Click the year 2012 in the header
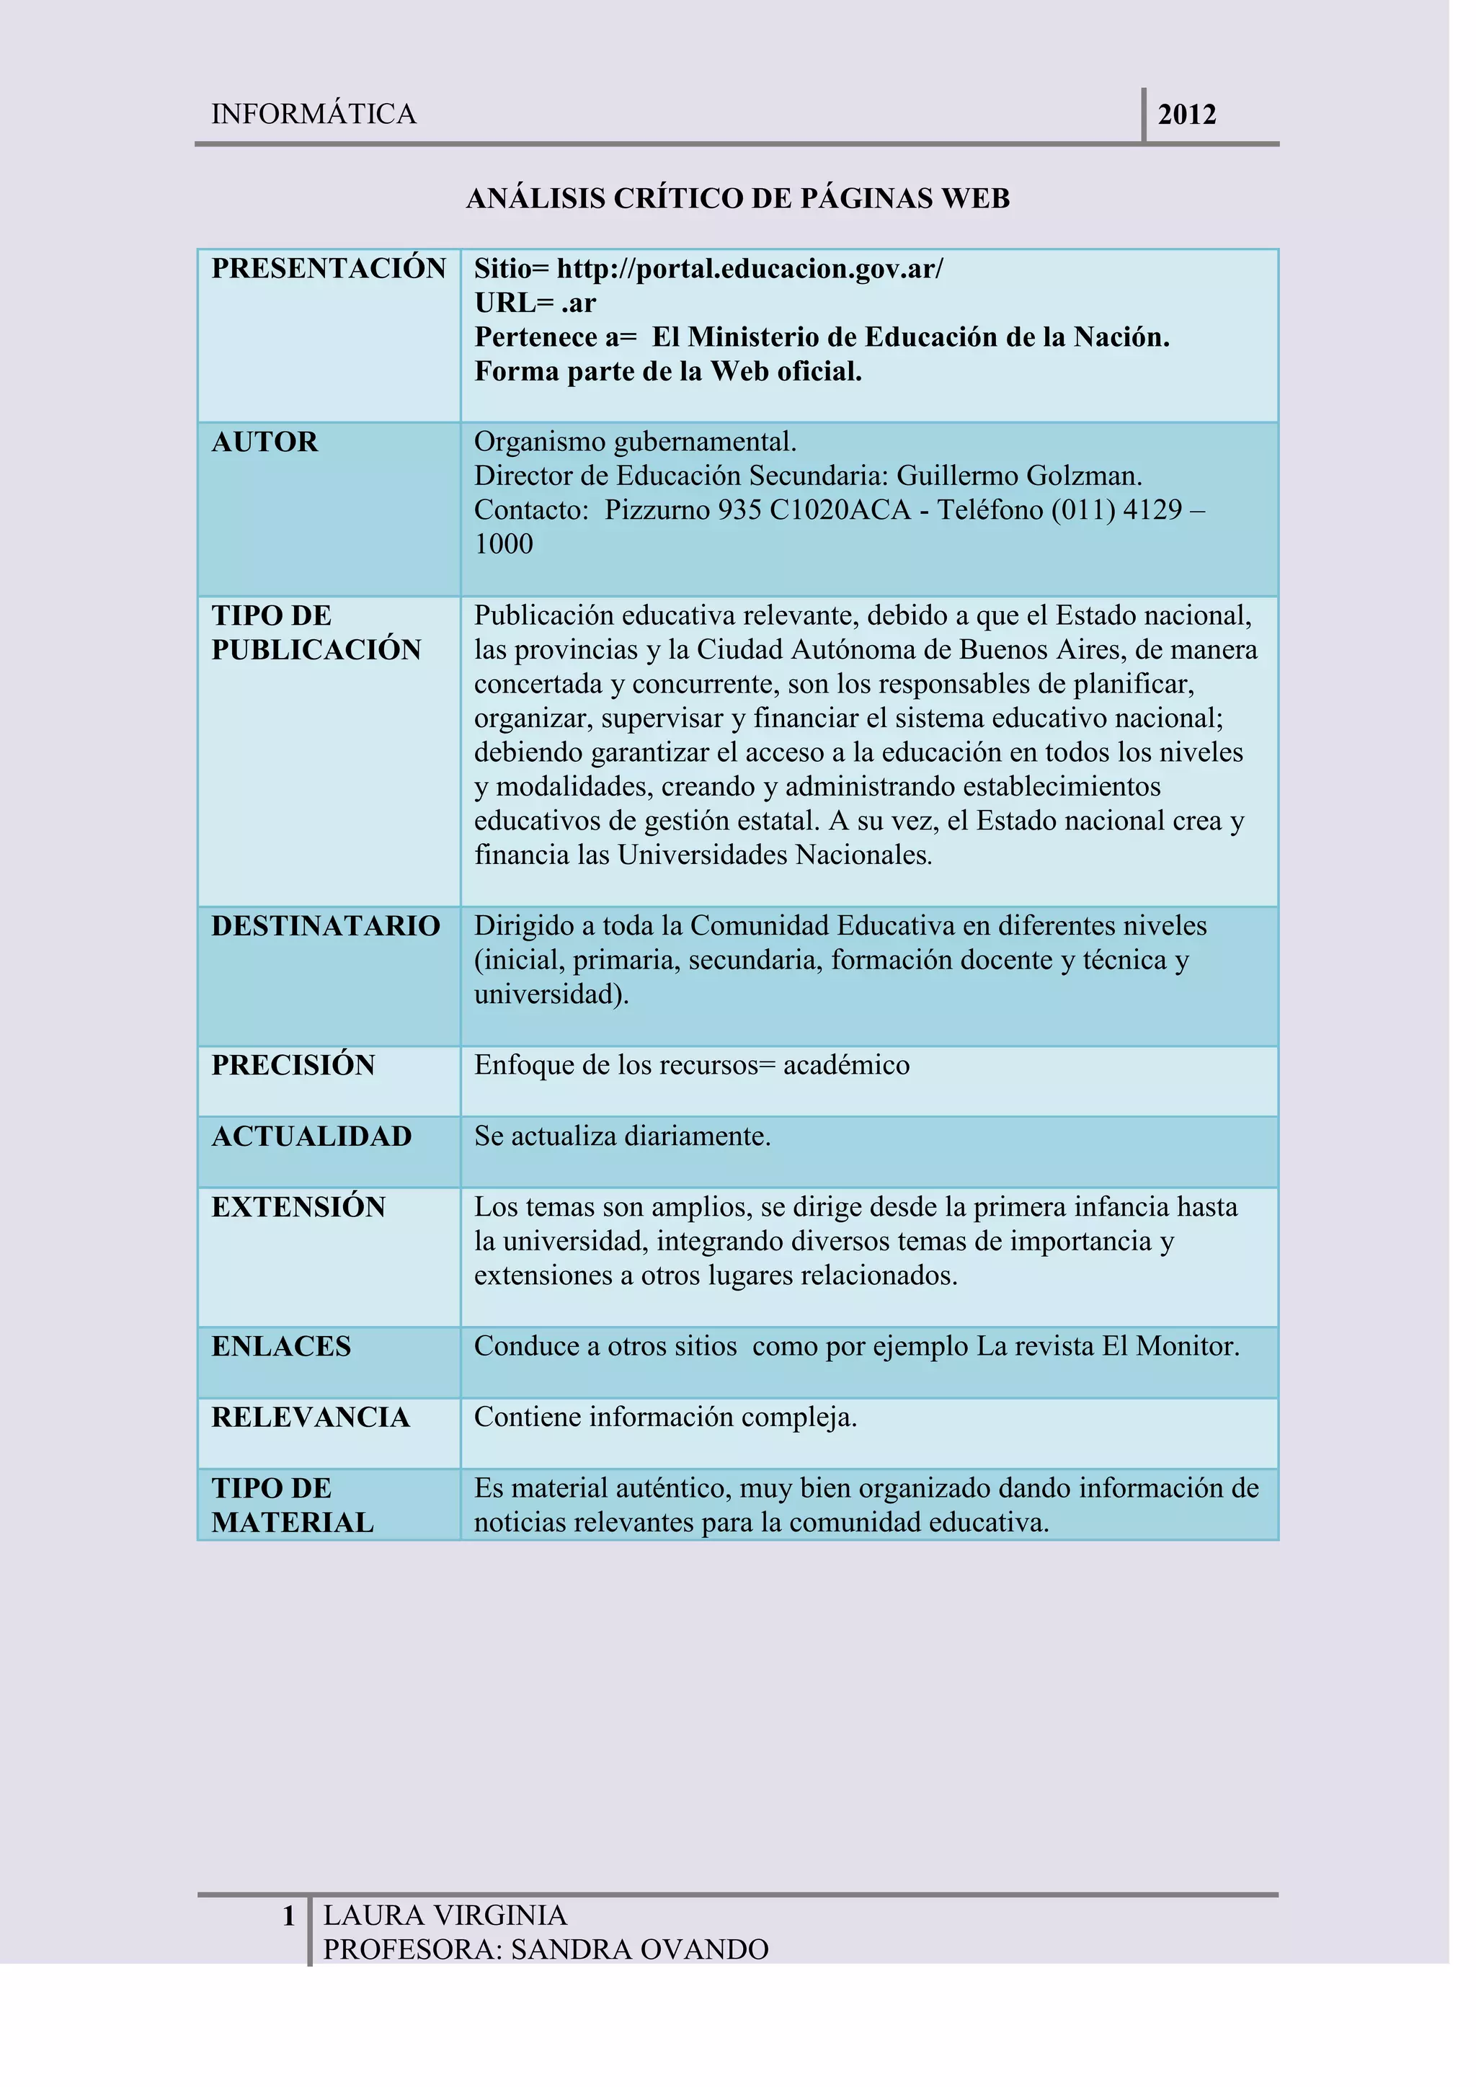(1186, 115)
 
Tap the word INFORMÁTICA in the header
(314, 115)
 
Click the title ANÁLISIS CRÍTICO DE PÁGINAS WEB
(737, 198)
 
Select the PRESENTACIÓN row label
(328, 269)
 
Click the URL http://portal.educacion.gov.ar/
(750, 269)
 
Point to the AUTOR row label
(264, 442)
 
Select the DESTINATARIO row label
(325, 926)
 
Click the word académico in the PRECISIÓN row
(846, 1065)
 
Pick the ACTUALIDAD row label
(312, 1136)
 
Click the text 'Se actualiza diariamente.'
(622, 1136)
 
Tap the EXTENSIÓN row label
(298, 1207)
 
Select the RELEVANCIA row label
(311, 1417)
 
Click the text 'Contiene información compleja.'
(665, 1417)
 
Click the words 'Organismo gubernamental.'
(635, 442)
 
